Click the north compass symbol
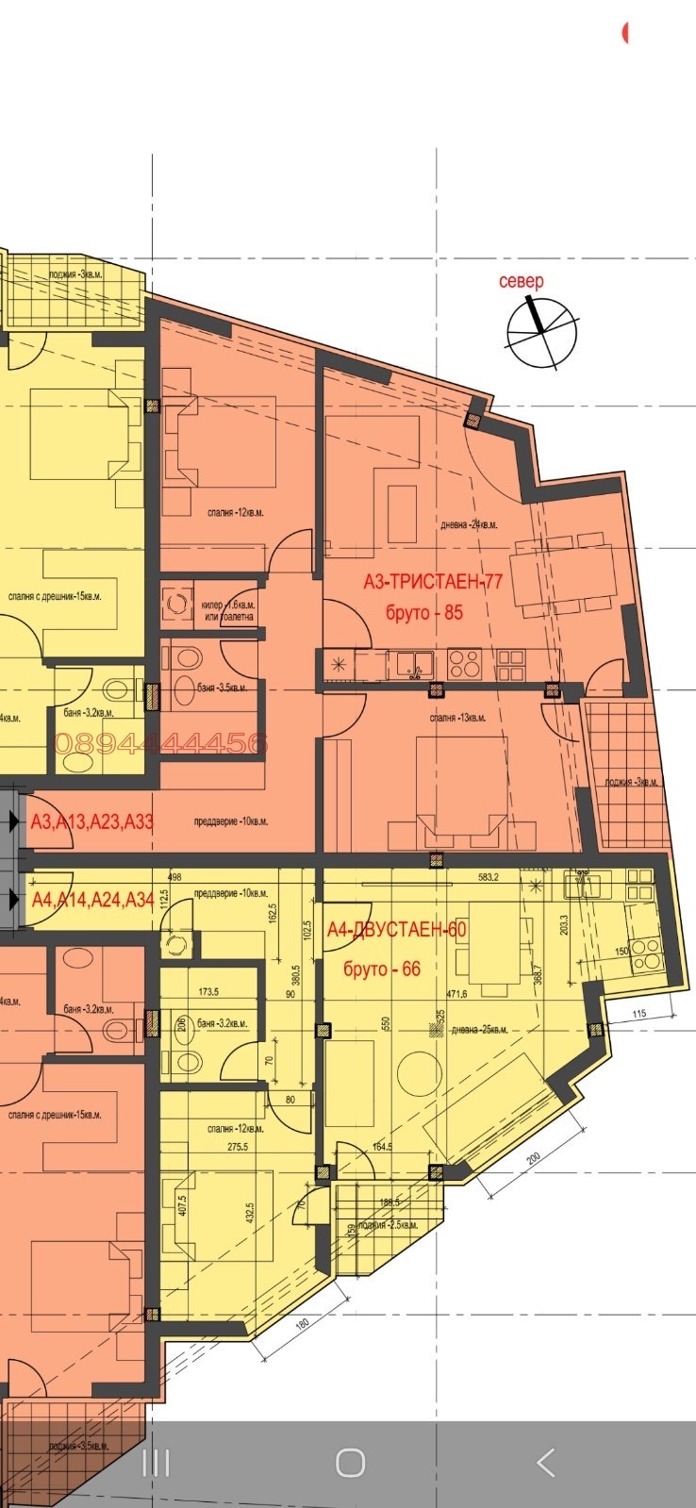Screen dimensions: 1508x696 point(540,331)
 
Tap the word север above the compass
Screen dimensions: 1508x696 point(522,281)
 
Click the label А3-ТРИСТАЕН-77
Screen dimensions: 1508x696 point(433,581)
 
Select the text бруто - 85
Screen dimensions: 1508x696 point(424,612)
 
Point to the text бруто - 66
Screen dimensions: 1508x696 point(382,969)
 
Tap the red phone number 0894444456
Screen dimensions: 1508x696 point(161,743)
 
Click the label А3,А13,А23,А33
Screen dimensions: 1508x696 point(92,821)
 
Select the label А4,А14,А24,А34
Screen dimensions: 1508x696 point(92,899)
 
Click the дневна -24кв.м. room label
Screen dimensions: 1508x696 point(469,524)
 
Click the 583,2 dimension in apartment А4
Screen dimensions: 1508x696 point(489,877)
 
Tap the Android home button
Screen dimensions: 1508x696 point(350,1463)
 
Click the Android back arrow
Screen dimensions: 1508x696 point(545,1463)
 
